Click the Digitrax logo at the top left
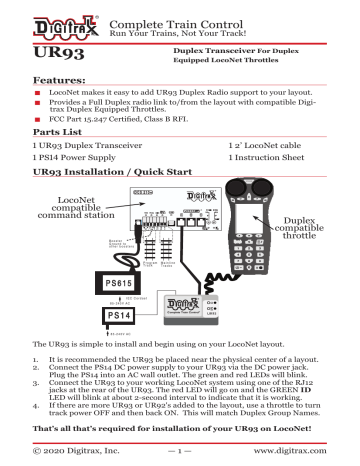pyautogui.click(x=41, y=19)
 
